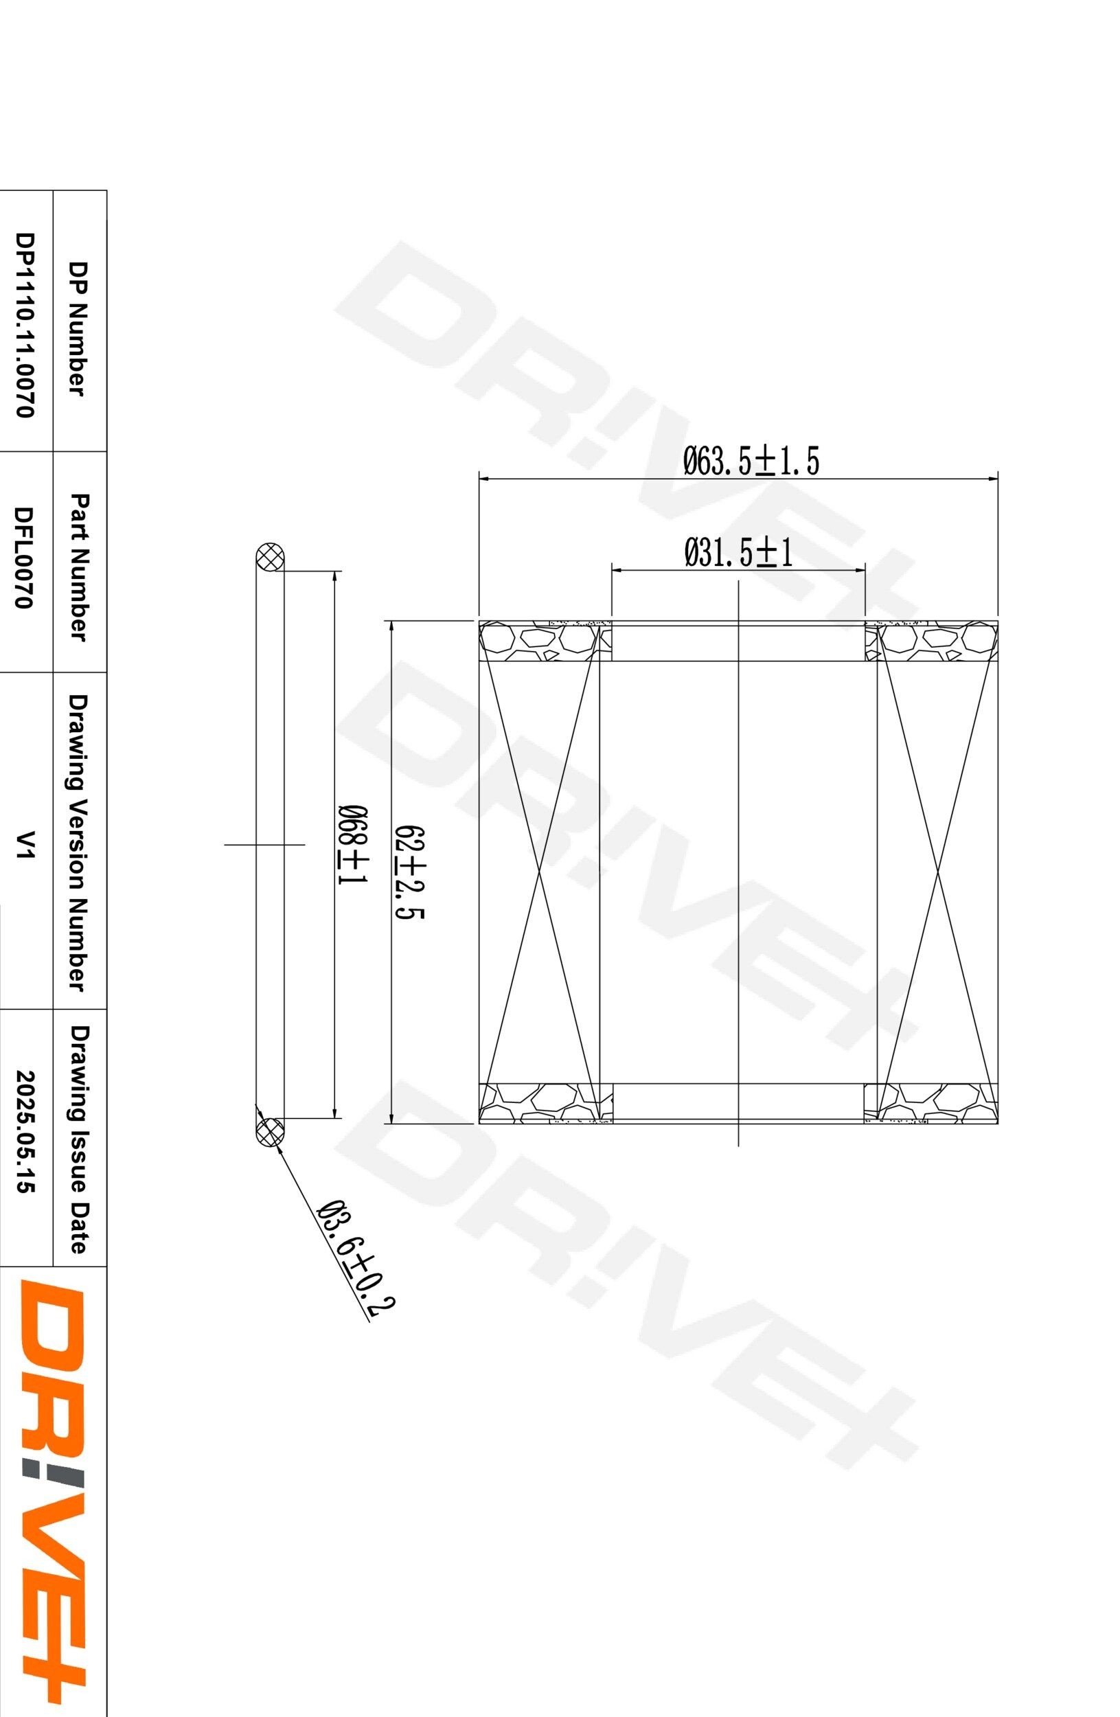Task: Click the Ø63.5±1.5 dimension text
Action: coord(751,462)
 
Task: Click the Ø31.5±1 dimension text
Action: coord(738,554)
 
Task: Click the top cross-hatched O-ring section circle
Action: coord(271,558)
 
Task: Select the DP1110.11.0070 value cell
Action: coord(25,325)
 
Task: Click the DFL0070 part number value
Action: coord(25,557)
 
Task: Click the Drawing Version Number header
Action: coord(78,842)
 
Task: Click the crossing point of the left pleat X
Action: coord(540,872)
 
